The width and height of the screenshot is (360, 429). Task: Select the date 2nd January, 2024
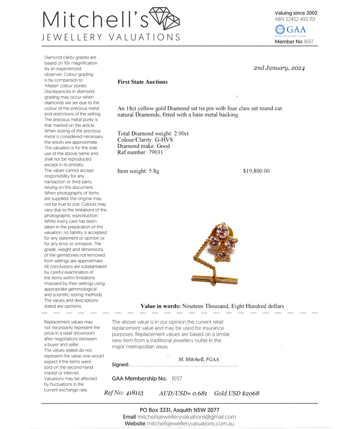point(279,68)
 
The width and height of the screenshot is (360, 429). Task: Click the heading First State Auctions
point(143,82)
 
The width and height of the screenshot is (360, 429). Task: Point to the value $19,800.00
point(256,171)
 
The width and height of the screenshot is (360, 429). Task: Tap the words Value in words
point(160,306)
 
